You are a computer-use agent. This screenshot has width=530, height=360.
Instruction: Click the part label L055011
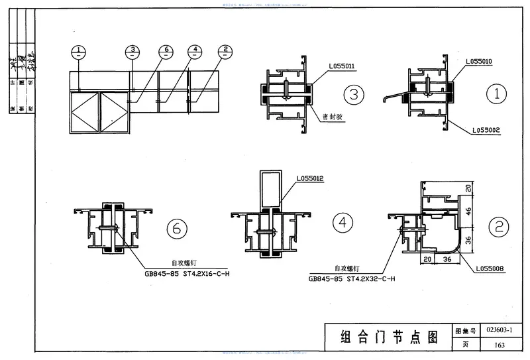pos(342,66)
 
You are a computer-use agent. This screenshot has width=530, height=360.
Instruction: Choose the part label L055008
pos(490,269)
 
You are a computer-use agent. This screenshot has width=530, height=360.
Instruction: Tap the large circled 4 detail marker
pos(343,223)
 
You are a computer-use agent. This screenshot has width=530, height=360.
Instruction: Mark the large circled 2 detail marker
pos(498,227)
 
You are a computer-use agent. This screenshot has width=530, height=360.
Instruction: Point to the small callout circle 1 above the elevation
pos(79,50)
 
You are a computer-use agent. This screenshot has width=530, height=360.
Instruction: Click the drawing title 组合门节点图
pos(390,336)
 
